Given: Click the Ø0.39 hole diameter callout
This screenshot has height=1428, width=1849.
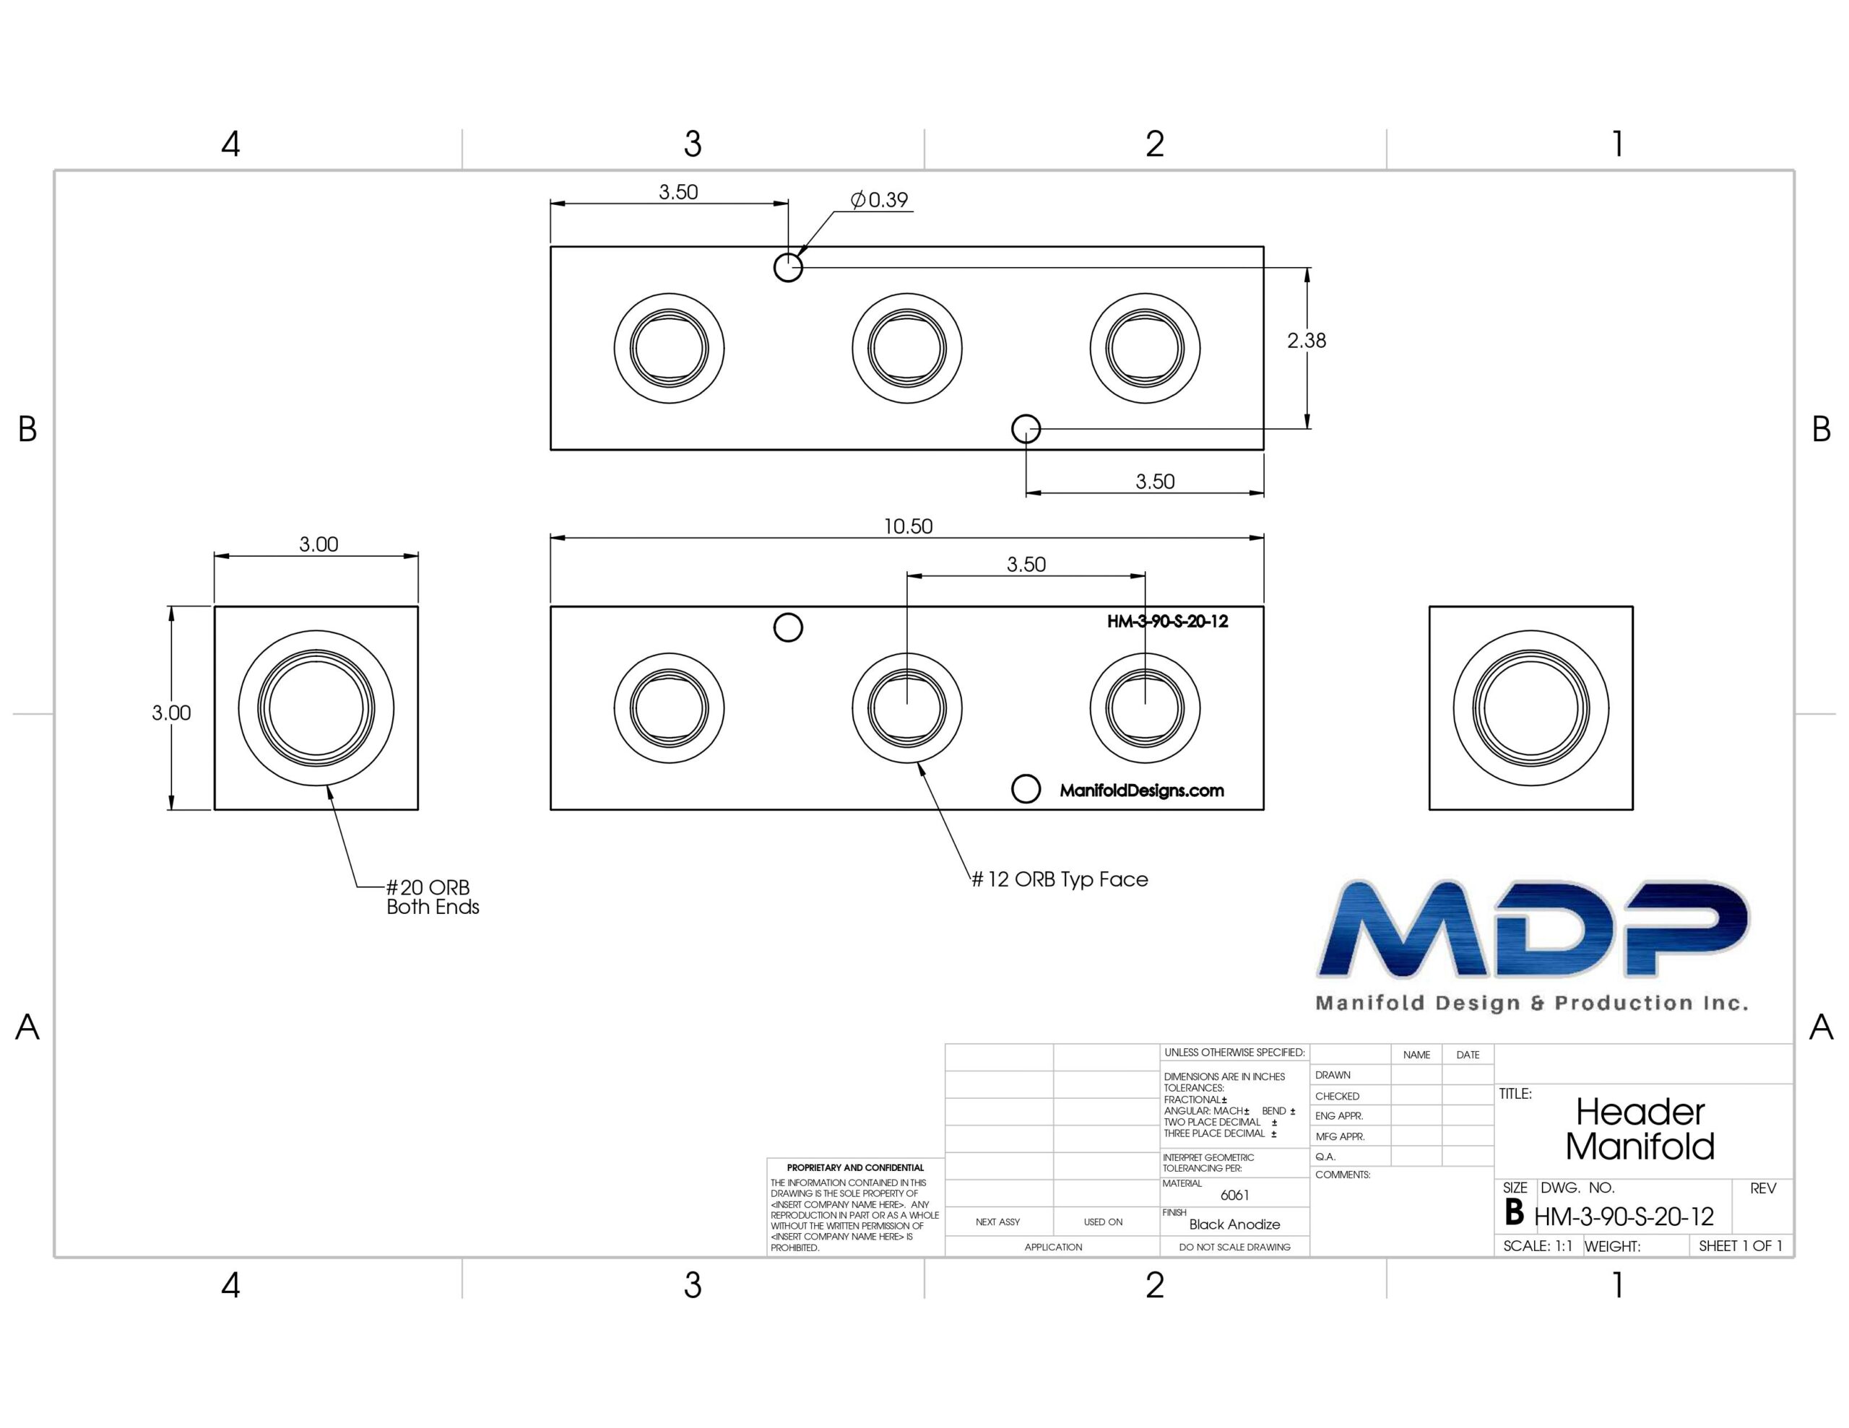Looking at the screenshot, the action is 879,200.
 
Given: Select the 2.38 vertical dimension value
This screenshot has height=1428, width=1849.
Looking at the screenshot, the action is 1307,340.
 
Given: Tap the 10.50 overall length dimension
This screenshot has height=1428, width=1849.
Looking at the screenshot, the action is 908,526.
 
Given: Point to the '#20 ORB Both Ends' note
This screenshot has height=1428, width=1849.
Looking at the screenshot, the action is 432,897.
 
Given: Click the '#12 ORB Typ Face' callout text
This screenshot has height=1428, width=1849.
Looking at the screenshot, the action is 1059,879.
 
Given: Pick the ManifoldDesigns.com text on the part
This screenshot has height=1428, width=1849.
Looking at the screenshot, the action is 1141,791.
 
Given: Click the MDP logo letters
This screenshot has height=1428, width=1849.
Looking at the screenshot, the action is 1533,929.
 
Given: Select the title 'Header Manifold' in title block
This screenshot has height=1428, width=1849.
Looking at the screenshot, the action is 1640,1129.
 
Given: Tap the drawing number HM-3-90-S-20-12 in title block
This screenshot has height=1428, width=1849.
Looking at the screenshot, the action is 1624,1217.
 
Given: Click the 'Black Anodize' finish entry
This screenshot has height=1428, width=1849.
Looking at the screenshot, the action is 1234,1224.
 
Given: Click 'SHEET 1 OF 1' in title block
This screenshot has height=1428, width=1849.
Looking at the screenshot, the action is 1741,1246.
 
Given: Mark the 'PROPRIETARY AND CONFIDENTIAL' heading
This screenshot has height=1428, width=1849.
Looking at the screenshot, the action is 855,1167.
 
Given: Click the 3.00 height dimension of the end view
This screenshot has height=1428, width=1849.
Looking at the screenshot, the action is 171,713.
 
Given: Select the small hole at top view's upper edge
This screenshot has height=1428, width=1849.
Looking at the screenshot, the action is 788,268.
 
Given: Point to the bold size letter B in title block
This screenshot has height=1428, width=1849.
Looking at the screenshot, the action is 1515,1214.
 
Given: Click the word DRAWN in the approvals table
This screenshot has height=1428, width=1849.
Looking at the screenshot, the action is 1333,1075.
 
